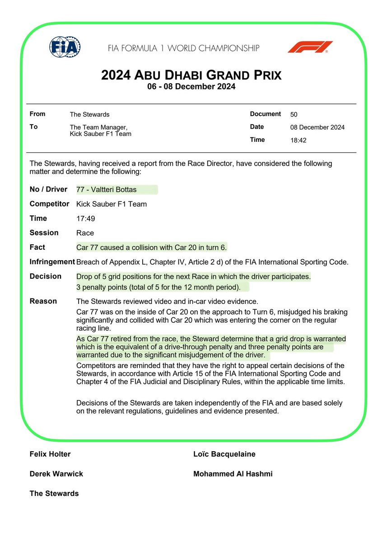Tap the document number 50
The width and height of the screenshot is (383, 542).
tap(294, 114)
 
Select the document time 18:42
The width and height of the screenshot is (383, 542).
tap(299, 140)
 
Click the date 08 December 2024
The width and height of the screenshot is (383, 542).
tap(317, 127)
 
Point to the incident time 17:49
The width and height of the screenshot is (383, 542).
tap(84, 219)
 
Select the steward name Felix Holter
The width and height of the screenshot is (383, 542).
tap(50, 454)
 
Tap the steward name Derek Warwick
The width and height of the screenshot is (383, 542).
tap(56, 474)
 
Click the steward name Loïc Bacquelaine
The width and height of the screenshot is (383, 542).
tap(224, 454)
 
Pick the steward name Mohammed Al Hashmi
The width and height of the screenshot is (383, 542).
tap(233, 474)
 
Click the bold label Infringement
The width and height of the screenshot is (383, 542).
tap(52, 262)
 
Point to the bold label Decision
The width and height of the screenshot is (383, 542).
tap(45, 276)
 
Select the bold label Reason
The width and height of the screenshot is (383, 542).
tap(43, 301)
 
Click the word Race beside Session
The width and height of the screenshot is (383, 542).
tap(85, 233)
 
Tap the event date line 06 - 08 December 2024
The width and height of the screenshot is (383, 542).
tap(191, 87)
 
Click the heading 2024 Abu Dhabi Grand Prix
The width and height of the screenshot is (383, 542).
tap(191, 75)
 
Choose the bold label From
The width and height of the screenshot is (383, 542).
tap(37, 114)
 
